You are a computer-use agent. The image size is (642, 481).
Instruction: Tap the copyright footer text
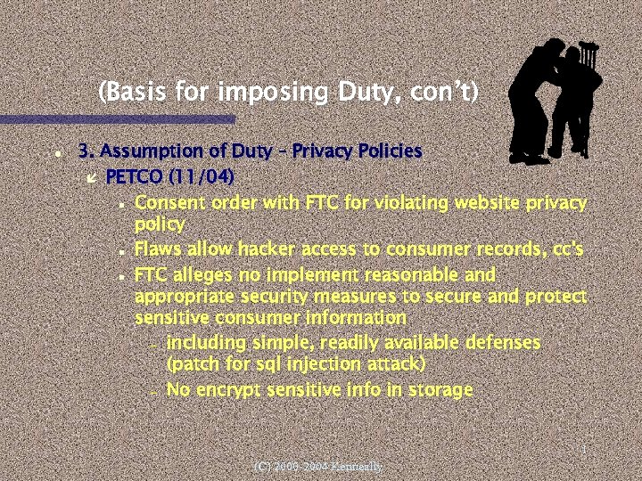coord(317,466)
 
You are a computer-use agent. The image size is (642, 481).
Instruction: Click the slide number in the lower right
coord(582,451)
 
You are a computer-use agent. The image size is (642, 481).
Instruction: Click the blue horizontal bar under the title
coord(116,118)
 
